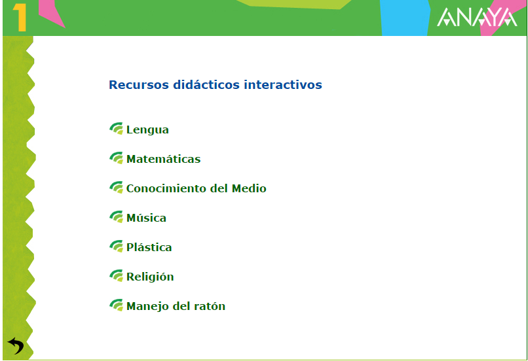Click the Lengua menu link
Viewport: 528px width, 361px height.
(147, 129)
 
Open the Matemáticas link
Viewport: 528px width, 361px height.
(163, 159)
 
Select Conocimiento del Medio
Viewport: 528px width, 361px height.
(197, 188)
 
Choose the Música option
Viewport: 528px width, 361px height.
(146, 218)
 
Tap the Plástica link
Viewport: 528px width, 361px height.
(149, 247)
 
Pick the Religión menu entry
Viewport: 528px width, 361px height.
(150, 277)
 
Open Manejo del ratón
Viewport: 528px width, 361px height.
(176, 306)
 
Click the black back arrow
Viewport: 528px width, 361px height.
(16, 345)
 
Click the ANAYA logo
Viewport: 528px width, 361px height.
(477, 17)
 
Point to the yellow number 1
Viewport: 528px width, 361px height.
(20, 18)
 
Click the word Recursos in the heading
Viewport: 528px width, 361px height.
(139, 85)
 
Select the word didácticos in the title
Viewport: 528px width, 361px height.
(206, 85)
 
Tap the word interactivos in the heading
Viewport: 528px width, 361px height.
(283, 85)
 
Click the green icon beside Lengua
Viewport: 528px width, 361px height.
(116, 128)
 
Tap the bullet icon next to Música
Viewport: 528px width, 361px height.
(116, 217)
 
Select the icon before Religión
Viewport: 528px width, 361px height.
(116, 275)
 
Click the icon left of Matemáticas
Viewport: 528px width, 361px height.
(116, 158)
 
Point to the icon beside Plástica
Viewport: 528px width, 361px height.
(116, 246)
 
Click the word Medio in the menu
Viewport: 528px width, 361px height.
(249, 188)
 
